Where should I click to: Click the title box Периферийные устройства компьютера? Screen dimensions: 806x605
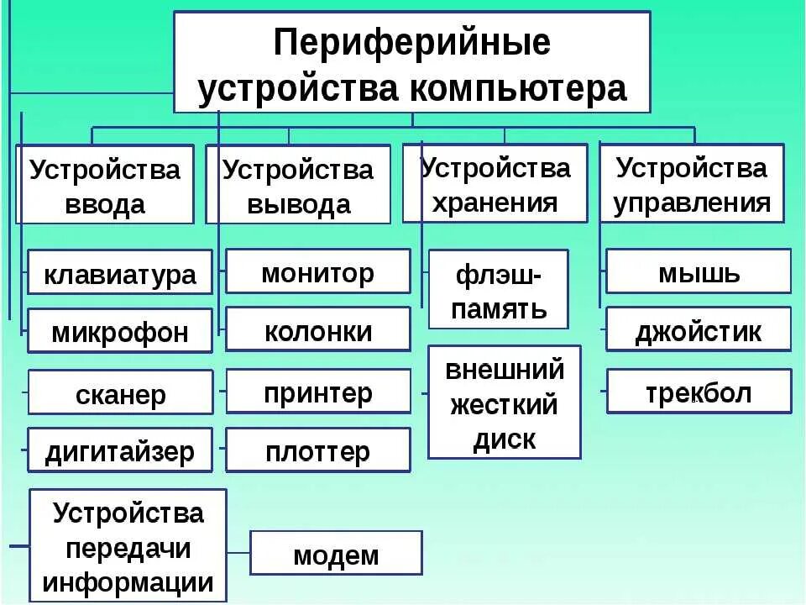pos(411,62)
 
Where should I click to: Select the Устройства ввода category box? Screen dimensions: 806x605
pos(105,185)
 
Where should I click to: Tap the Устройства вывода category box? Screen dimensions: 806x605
pos(298,185)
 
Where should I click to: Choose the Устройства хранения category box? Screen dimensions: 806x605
pos(495,183)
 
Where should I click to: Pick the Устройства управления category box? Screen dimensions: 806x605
pos(692,183)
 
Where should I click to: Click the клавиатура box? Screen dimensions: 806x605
pos(120,272)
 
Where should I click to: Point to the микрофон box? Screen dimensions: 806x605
pos(120,330)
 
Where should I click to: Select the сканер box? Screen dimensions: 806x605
pos(120,392)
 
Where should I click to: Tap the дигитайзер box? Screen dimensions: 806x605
pos(120,450)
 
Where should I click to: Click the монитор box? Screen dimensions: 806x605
pos(318,271)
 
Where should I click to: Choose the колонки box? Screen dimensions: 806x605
pos(318,329)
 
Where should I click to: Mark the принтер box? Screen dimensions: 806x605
pos(318,392)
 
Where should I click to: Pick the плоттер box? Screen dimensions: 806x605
pos(318,450)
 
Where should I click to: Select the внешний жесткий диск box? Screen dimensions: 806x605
pos(504,402)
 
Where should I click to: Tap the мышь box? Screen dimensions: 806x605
pos(699,271)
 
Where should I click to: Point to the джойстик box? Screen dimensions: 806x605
pos(699,329)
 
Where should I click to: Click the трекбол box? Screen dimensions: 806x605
pos(699,392)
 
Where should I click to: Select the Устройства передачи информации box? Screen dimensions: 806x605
pos(128,546)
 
